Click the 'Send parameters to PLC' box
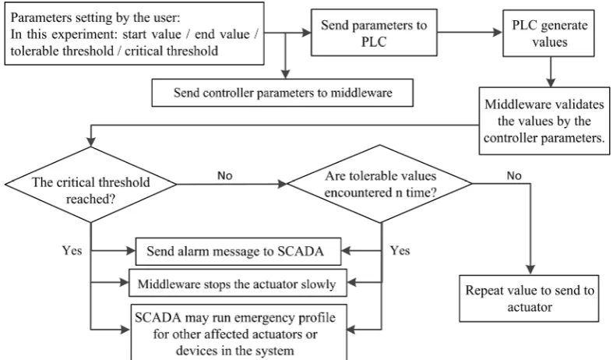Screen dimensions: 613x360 [374, 33]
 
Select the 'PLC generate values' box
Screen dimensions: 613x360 [548, 34]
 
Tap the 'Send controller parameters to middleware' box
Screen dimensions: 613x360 [282, 93]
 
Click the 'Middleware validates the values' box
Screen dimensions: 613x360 [544, 121]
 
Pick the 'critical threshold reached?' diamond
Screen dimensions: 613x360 [90, 185]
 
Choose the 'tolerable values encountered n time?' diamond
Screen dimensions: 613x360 [379, 184]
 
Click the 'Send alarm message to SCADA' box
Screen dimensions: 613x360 [238, 251]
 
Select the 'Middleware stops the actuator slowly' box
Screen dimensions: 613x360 [238, 283]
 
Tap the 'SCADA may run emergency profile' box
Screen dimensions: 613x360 [238, 333]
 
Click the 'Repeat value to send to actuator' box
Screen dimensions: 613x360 [529, 298]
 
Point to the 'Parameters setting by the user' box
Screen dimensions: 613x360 [134, 34]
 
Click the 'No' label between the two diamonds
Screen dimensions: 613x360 [225, 175]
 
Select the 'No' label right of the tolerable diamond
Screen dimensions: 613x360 [514, 175]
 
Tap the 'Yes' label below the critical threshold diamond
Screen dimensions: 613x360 [72, 250]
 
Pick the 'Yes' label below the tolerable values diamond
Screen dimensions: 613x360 [400, 250]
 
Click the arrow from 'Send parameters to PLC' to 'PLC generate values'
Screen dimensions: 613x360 [470, 33]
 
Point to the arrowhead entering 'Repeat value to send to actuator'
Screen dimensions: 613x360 [530, 270]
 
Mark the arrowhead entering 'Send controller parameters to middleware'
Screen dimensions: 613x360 [285, 74]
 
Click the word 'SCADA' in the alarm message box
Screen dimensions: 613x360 [301, 251]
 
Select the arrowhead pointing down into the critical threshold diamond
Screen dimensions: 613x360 [90, 141]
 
